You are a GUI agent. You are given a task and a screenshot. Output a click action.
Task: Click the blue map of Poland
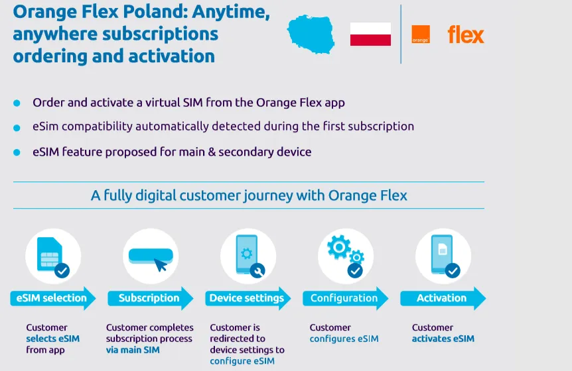point(311,34)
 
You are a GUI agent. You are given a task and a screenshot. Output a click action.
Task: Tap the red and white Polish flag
point(370,34)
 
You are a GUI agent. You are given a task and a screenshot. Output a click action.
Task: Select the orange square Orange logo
point(421,34)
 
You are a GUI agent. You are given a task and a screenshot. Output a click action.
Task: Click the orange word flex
point(466,34)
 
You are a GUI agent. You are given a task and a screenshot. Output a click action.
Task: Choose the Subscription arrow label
point(150,298)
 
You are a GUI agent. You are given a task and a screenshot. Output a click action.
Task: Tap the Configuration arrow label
point(346,298)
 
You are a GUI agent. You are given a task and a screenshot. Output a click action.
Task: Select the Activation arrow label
point(443,298)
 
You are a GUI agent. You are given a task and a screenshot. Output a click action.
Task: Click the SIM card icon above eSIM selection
point(50,254)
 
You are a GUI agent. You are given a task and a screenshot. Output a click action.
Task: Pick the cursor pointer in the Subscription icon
point(161,265)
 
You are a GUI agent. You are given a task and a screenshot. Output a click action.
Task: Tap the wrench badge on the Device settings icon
point(257,270)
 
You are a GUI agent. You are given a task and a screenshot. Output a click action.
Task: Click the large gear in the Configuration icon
point(339,247)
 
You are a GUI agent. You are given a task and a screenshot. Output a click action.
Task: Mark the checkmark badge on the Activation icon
point(453,270)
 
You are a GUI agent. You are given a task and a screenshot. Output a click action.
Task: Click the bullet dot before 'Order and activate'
point(17,103)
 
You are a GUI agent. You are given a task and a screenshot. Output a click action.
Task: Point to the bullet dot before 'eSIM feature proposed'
point(17,152)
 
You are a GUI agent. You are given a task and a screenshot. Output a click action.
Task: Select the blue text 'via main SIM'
point(133,350)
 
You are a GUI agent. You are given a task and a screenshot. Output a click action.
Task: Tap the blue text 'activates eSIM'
point(443,339)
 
